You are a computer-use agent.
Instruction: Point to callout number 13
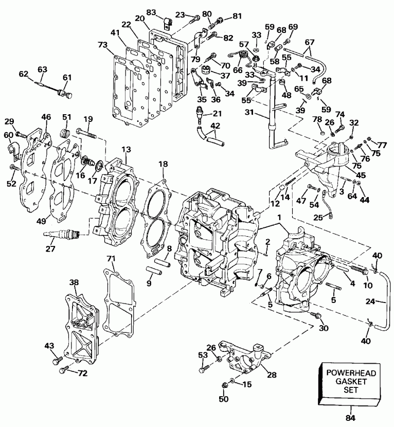(x=125, y=149)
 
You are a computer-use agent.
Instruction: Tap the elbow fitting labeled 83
(x=166, y=22)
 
